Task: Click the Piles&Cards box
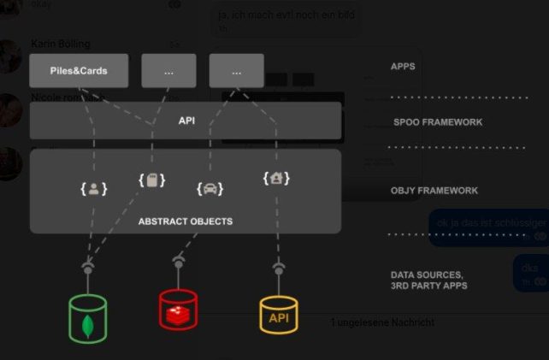(79, 70)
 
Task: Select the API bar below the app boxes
(186, 121)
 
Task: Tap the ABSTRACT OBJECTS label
(186, 221)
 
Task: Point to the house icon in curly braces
(276, 179)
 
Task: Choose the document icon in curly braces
(151, 180)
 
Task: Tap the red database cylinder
(178, 310)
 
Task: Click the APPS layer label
(403, 66)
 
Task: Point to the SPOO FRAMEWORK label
(438, 122)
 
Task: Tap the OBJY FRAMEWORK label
(434, 191)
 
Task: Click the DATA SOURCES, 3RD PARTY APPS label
(428, 280)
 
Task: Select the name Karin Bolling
(61, 44)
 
